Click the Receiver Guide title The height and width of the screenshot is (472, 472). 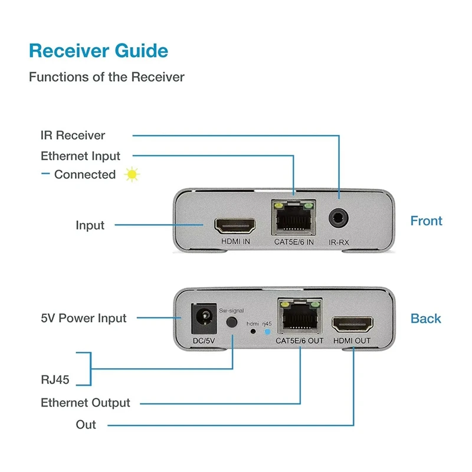click(99, 50)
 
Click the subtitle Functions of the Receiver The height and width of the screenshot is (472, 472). click(107, 77)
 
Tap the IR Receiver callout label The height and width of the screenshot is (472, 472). click(73, 135)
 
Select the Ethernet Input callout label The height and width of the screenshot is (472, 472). click(80, 156)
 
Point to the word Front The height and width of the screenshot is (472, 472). click(426, 221)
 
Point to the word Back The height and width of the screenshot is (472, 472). click(426, 319)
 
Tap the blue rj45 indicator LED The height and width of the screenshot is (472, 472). click(267, 332)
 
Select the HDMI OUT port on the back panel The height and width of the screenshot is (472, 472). click(352, 323)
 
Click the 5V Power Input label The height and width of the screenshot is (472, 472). click(83, 318)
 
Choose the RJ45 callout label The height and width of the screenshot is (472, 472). click(55, 380)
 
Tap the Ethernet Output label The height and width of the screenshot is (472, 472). click(85, 403)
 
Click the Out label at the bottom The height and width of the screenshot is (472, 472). click(86, 425)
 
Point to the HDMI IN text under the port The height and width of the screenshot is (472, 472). click(236, 241)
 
